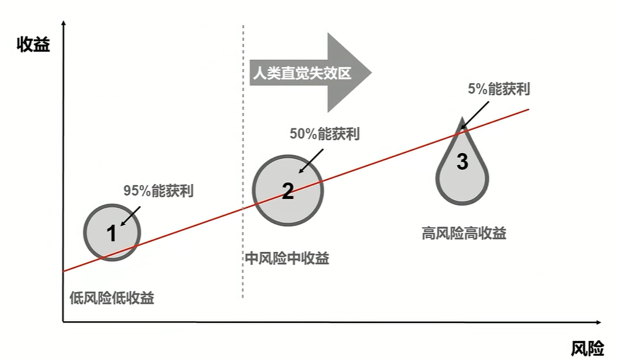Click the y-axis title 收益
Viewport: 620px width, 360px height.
pyautogui.click(x=33, y=44)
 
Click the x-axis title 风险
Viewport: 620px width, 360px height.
pyautogui.click(x=587, y=348)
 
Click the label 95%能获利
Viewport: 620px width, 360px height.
pyautogui.click(x=158, y=191)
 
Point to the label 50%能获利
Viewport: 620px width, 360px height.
pyautogui.click(x=325, y=133)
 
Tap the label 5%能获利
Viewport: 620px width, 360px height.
pyautogui.click(x=498, y=89)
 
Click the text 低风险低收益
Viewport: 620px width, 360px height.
pyautogui.click(x=112, y=298)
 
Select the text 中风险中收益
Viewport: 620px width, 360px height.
pyautogui.click(x=287, y=259)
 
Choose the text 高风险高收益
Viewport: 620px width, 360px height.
pyautogui.click(x=464, y=233)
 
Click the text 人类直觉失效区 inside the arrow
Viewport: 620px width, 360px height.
pyautogui.click(x=302, y=73)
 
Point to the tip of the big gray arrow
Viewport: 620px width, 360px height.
pyautogui.click(x=372, y=73)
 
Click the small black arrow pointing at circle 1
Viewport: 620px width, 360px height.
pyautogui.click(x=130, y=216)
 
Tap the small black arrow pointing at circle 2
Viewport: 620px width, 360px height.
pyautogui.click(x=311, y=161)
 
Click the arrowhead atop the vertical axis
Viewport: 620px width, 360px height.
pyautogui.click(x=63, y=23)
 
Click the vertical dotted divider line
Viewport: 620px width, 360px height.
pyautogui.click(x=243, y=161)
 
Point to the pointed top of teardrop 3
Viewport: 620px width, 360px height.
pyautogui.click(x=462, y=117)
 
